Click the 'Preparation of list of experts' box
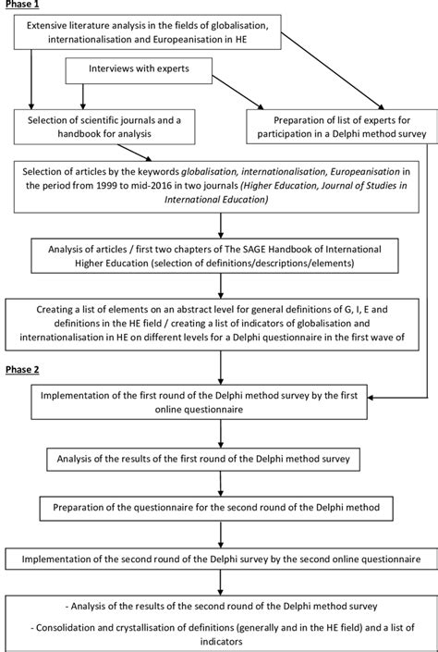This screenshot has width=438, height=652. tap(342, 127)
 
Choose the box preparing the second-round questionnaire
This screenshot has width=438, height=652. tap(218, 507)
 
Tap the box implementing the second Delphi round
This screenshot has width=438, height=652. tap(218, 560)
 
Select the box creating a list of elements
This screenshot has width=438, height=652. tap(218, 320)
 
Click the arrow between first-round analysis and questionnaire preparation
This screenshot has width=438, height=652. tap(218, 482)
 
